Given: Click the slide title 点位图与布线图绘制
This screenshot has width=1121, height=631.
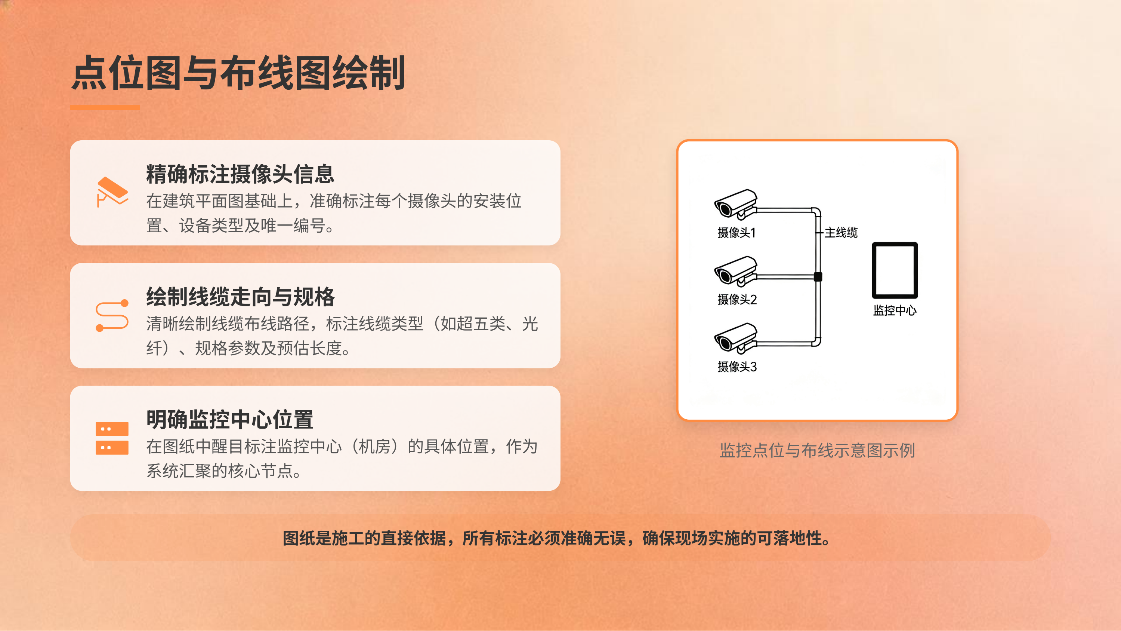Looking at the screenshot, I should click(x=238, y=73).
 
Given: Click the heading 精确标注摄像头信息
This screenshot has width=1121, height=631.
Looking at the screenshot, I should click(x=240, y=174).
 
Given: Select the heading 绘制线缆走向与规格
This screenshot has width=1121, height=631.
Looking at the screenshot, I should click(x=240, y=297).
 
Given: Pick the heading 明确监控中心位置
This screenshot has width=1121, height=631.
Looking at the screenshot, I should click(x=230, y=420).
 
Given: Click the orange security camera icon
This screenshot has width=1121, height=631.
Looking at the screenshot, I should click(x=112, y=192).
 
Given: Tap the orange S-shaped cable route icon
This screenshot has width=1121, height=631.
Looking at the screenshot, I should click(x=112, y=315).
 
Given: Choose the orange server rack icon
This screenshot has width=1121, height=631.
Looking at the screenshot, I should click(x=112, y=438).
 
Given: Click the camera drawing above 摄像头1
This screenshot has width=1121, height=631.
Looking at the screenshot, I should click(x=735, y=204).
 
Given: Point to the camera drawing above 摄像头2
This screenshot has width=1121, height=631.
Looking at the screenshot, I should click(x=735, y=271).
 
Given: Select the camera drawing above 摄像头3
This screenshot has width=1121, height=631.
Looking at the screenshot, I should click(x=735, y=337).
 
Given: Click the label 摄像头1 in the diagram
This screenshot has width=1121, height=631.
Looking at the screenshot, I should click(x=736, y=233).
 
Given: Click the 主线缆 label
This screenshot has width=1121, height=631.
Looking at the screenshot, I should click(x=841, y=233).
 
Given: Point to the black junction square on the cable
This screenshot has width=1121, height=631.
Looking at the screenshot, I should click(x=818, y=276).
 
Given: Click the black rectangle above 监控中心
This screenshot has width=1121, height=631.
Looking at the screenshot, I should click(x=895, y=270).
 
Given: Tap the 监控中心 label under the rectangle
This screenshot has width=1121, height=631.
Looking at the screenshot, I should click(x=895, y=310).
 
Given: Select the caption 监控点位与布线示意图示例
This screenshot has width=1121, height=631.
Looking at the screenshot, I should click(x=817, y=450).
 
